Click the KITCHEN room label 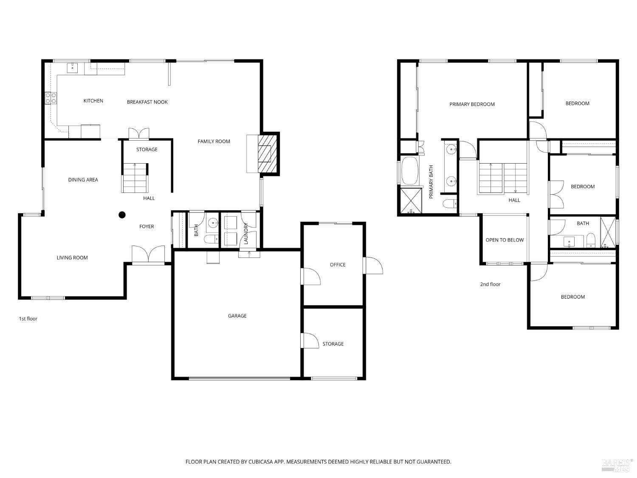(93, 101)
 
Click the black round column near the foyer (122, 215)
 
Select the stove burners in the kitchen (51, 98)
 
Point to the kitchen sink (72, 68)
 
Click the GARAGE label (237, 316)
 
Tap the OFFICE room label (338, 265)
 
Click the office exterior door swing (374, 266)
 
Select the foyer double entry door (148, 255)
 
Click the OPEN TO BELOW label (505, 240)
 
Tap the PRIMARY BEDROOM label (472, 104)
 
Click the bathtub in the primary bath (410, 171)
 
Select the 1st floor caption (28, 319)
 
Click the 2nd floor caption (490, 284)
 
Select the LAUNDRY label (246, 234)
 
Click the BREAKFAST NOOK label (147, 102)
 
